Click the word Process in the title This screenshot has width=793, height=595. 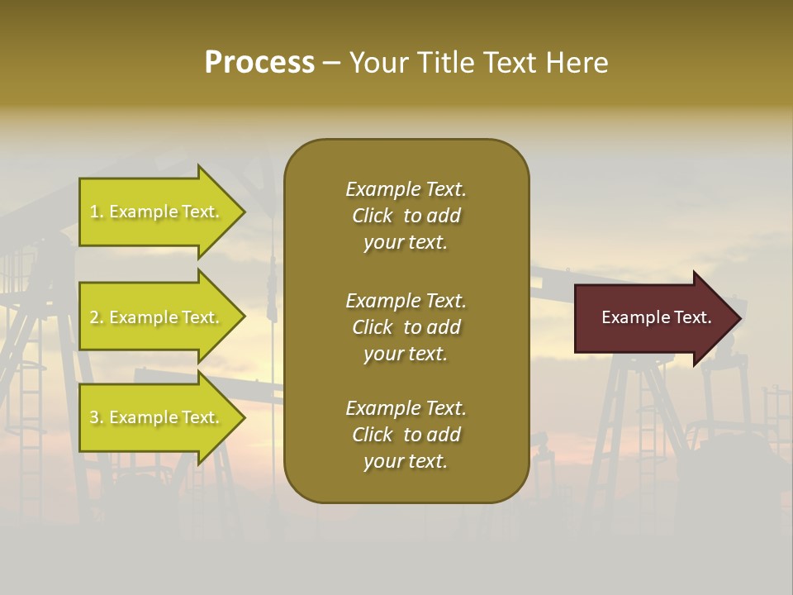pyautogui.click(x=259, y=63)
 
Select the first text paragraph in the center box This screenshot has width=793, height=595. pyautogui.click(x=406, y=216)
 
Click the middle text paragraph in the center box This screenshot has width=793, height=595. pyautogui.click(x=406, y=327)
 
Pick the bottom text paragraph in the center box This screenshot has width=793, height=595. pyautogui.click(x=406, y=435)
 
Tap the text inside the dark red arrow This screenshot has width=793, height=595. pyautogui.click(x=656, y=317)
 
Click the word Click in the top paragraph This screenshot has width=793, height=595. pyautogui.click(x=372, y=216)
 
